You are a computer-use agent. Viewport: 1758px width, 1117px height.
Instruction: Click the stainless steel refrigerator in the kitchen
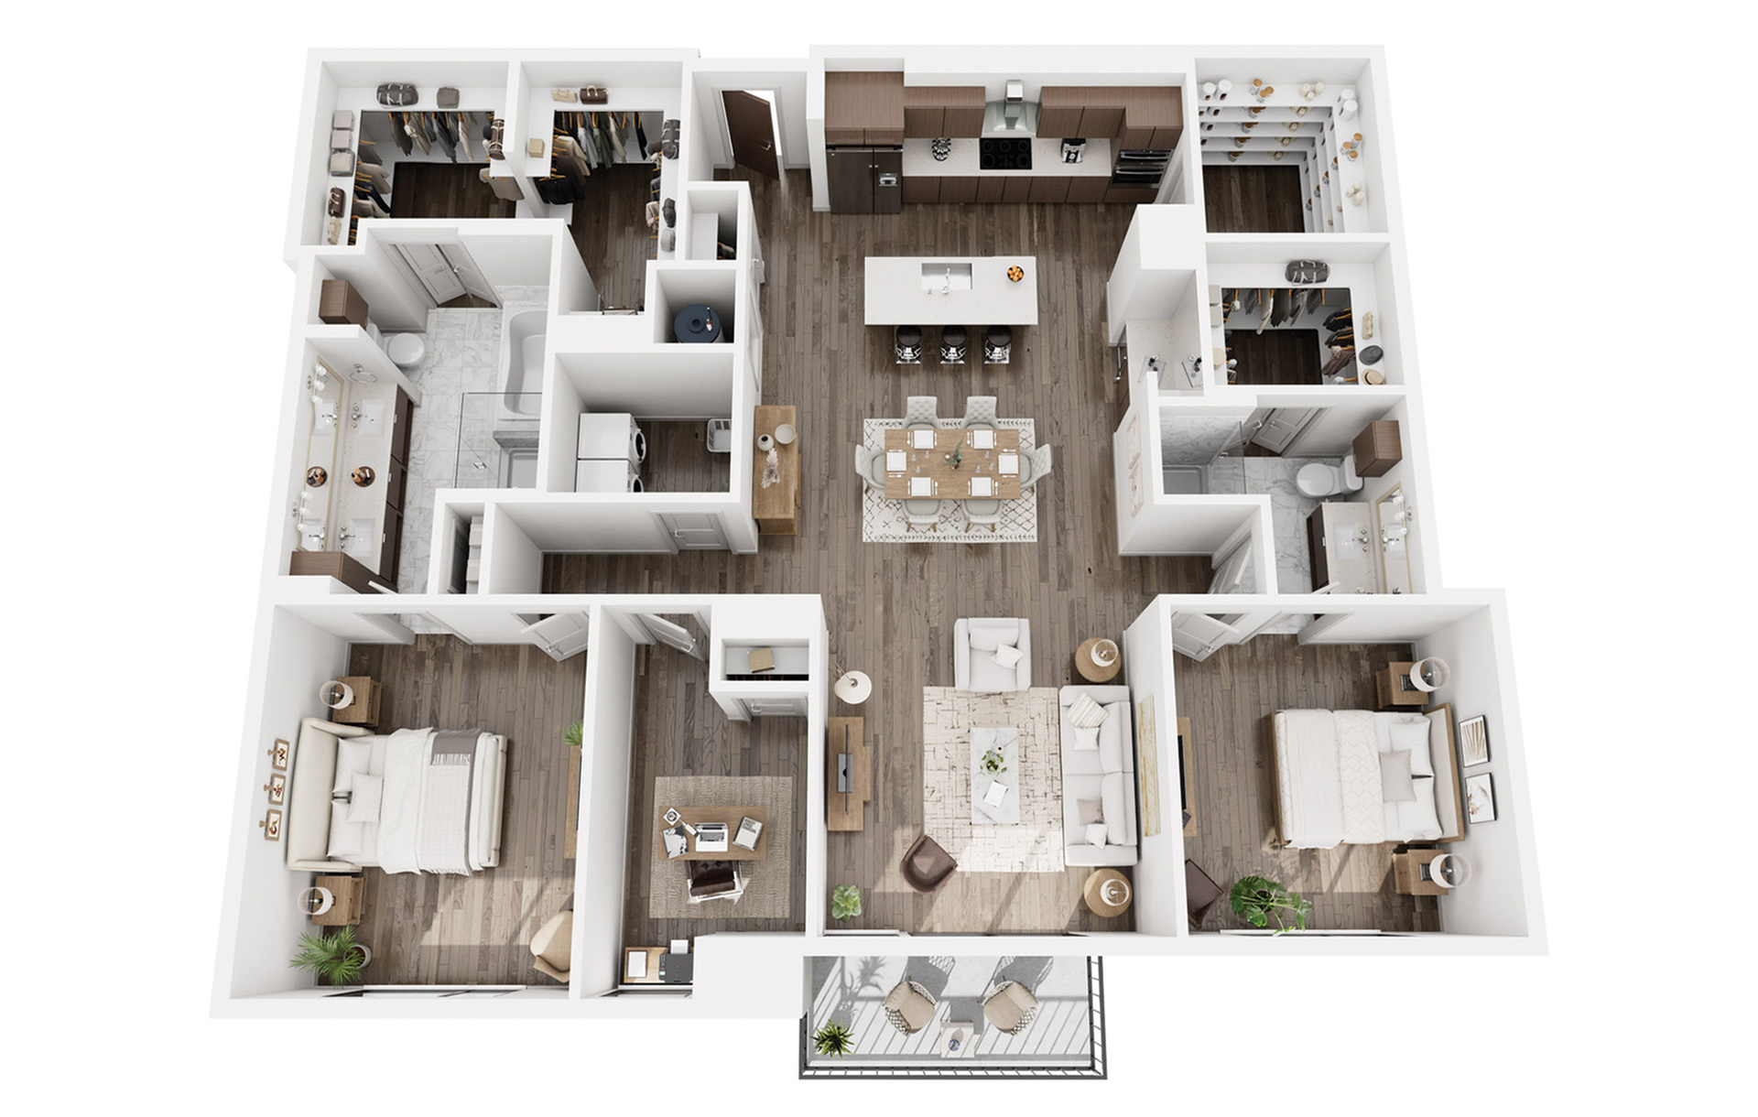(x=863, y=179)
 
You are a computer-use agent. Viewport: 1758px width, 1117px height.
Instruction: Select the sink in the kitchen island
(x=943, y=274)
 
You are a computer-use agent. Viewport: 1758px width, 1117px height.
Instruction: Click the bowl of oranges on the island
(x=1015, y=272)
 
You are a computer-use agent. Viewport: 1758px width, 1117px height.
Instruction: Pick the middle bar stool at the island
(x=952, y=344)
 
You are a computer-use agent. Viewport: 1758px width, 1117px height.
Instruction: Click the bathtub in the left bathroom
(x=522, y=362)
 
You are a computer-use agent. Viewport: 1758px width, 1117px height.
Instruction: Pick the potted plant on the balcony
(x=832, y=1039)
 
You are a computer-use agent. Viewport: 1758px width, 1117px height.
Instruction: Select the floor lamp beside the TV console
(x=852, y=685)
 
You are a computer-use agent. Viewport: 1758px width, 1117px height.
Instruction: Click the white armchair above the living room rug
(x=993, y=655)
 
